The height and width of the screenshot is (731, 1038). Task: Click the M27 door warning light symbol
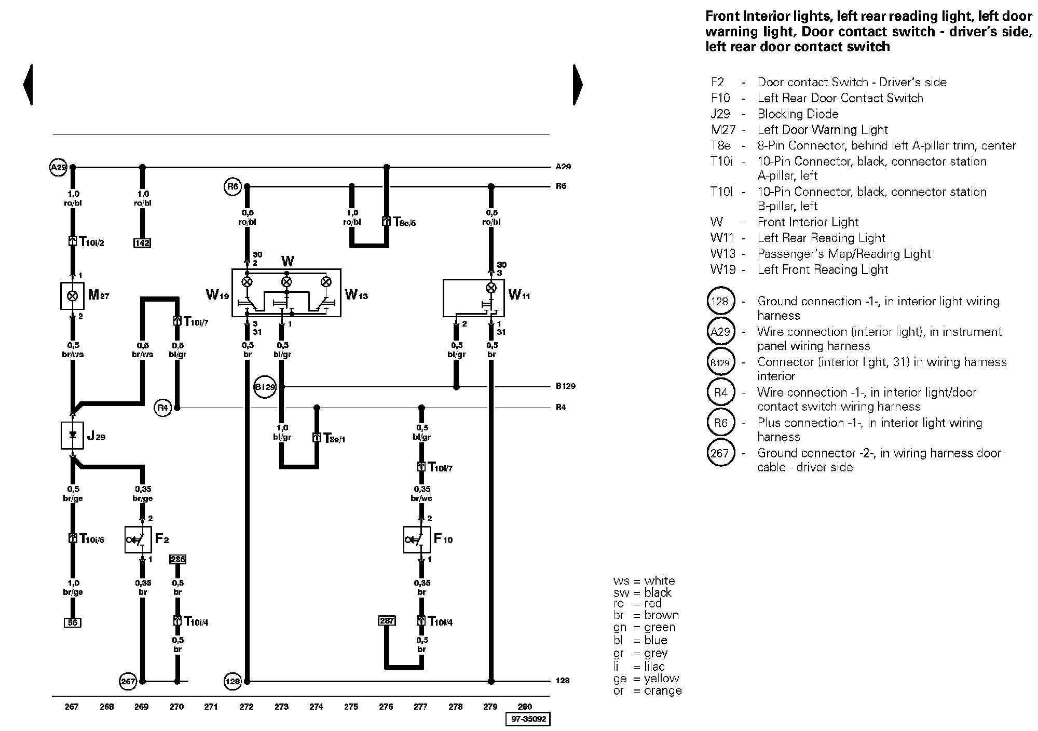(x=72, y=295)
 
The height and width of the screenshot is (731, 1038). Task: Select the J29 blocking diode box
(x=72, y=435)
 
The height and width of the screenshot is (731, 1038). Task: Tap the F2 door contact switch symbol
(x=138, y=539)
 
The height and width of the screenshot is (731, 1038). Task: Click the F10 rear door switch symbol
(x=417, y=539)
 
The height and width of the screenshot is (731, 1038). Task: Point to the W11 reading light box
(x=473, y=297)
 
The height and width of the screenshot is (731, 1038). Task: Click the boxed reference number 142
(x=142, y=243)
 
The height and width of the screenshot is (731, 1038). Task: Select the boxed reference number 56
(x=73, y=622)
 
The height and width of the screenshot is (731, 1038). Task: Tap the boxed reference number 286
(x=177, y=559)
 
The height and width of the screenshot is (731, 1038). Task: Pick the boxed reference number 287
(x=387, y=620)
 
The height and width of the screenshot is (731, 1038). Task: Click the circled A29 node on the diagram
(x=59, y=167)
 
